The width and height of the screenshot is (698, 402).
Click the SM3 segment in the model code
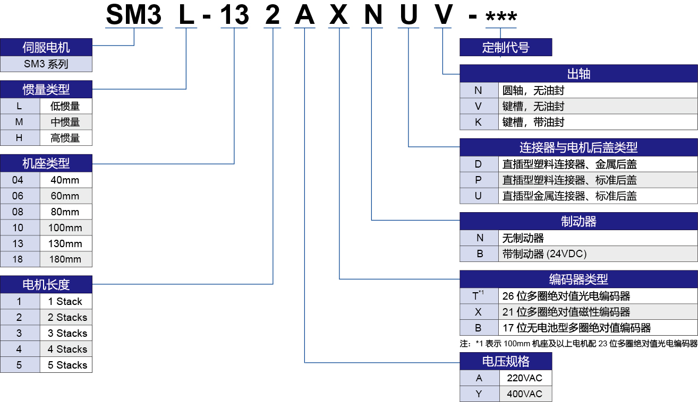pos(134,14)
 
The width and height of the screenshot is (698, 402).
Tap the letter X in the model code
pos(338,14)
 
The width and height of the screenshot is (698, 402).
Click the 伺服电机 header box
pos(46,47)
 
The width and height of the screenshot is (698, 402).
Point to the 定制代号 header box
pos(506,47)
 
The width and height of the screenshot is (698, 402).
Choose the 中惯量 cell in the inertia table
pos(66,122)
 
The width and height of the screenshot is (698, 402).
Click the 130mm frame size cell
pos(66,243)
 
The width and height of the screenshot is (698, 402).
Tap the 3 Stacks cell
pos(66,333)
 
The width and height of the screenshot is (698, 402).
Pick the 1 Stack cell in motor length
pos(66,301)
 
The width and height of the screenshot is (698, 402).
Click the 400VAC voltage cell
pos(525,394)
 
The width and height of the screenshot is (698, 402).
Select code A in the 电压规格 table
pos(479,378)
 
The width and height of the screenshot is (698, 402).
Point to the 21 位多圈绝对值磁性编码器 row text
pos(566,312)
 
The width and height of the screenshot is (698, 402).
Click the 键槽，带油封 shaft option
pos(533,122)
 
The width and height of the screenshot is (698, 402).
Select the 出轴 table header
pos(578,73)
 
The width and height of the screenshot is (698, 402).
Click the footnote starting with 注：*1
pos(578,344)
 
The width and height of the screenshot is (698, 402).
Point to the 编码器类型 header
pos(578,279)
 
